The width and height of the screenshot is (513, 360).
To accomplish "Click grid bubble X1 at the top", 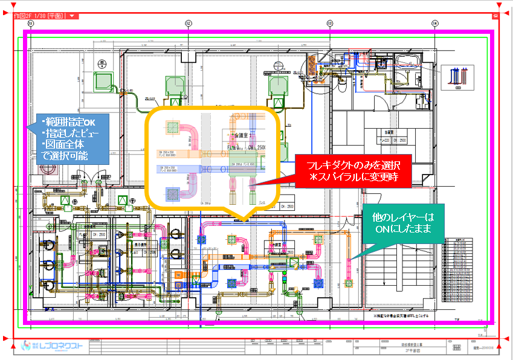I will click(x=31, y=24).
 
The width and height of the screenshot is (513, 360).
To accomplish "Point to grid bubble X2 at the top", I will click(x=189, y=24).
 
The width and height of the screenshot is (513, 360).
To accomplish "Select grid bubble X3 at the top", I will click(x=330, y=24).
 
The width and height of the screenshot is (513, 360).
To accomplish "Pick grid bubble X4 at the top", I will click(x=434, y=24).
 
